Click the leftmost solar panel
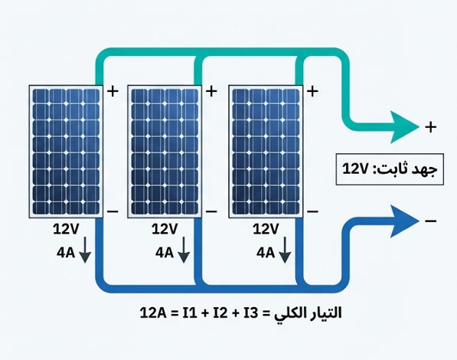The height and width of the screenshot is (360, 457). pos(66,152)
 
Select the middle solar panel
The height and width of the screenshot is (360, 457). pos(165,152)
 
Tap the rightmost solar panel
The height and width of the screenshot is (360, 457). pos(266,152)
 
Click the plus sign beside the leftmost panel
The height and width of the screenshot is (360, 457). pos(113,91)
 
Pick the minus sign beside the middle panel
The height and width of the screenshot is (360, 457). pos(211,211)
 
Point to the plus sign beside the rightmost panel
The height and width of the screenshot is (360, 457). pos(312,91)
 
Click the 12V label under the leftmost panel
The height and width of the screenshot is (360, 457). pos(66,229)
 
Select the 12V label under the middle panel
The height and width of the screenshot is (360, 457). pos(165,229)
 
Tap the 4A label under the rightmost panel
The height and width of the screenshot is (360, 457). pos(266,253)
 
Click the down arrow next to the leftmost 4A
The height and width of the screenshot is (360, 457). pos(85,250)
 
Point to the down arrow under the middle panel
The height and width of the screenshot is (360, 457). pos(184,250)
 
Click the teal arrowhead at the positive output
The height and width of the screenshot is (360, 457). pos(404,127)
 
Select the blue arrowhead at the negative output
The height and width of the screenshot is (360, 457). pos(404,221)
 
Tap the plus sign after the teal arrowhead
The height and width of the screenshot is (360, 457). pos(431,127)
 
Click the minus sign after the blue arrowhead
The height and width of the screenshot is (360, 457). pos(431,221)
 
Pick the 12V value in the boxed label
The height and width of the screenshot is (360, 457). pos(355,169)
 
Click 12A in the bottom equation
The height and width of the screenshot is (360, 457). pos(153,313)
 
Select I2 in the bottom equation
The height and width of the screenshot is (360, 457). pos(220,313)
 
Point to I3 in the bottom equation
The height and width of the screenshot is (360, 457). pos(251,313)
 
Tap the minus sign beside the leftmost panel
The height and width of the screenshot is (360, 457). pos(113,211)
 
